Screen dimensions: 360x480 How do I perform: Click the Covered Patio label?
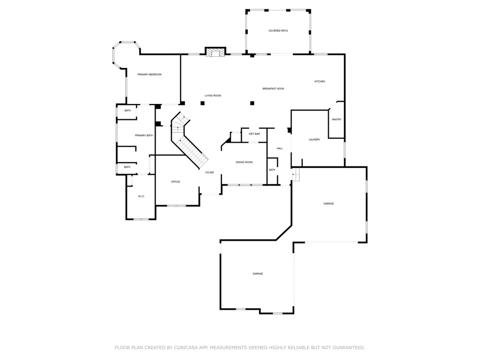click(278, 31)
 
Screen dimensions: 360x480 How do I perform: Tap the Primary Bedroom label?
click(149, 75)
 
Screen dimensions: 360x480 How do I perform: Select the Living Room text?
click(212, 96)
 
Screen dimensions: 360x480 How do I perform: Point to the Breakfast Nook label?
click(273, 89)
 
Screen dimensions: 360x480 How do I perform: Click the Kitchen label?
click(319, 82)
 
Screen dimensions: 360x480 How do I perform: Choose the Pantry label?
click(337, 120)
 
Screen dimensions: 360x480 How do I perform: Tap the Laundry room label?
click(314, 140)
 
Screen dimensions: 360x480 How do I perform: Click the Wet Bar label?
click(254, 134)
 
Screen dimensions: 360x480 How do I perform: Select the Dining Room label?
click(244, 162)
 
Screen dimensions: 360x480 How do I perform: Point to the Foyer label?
click(210, 172)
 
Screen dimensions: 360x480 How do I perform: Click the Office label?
click(175, 182)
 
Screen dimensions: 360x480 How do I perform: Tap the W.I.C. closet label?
click(141, 196)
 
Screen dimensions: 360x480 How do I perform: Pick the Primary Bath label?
click(143, 135)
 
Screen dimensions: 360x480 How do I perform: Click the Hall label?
click(279, 149)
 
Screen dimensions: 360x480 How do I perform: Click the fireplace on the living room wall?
click(215, 52)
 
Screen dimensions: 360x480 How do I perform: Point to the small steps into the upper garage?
click(295, 175)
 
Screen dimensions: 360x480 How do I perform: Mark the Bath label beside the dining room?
click(272, 170)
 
